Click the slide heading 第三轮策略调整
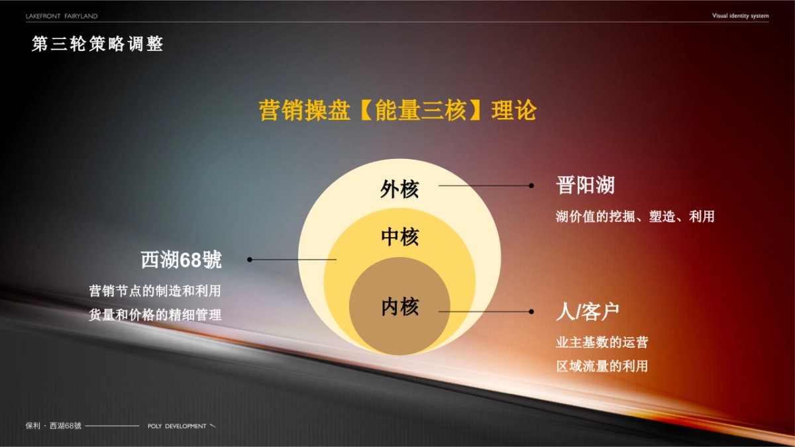click(97, 44)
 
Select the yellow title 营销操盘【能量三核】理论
click(397, 111)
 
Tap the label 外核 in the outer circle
click(399, 190)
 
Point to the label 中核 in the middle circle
click(399, 236)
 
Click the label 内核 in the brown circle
click(399, 307)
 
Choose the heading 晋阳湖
click(585, 185)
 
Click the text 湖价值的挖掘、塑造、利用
click(635, 217)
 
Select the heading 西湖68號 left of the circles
click(181, 260)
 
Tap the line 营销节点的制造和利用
click(155, 291)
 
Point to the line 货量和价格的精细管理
click(155, 315)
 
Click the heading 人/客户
click(588, 312)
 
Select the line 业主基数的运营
click(602, 342)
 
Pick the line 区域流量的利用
click(602, 366)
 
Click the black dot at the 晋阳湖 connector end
click(531, 186)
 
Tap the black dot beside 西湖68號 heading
click(250, 260)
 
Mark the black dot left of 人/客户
click(531, 311)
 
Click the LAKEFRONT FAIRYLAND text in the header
click(62, 15)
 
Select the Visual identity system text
click(740, 15)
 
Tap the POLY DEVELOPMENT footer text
click(177, 426)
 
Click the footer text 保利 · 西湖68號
click(53, 426)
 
